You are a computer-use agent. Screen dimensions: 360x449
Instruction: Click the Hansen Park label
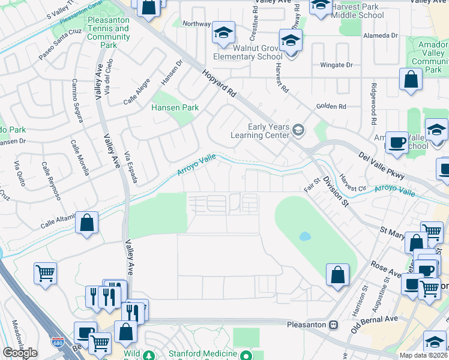pyautogui.click(x=174, y=108)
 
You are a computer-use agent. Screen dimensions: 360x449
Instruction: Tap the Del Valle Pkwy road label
pyautogui.click(x=381, y=166)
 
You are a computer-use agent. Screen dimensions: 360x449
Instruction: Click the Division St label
pyautogui.click(x=335, y=191)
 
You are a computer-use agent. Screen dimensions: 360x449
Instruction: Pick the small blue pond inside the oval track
pyautogui.click(x=305, y=236)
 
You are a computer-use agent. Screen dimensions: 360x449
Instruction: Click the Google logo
pyautogui.click(x=20, y=353)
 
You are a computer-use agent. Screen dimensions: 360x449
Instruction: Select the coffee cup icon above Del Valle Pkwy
pyautogui.click(x=396, y=143)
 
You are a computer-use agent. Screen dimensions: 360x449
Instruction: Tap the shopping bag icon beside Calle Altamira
pyautogui.click(x=87, y=223)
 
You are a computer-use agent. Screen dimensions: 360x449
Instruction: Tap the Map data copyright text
pyautogui.click(x=423, y=355)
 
